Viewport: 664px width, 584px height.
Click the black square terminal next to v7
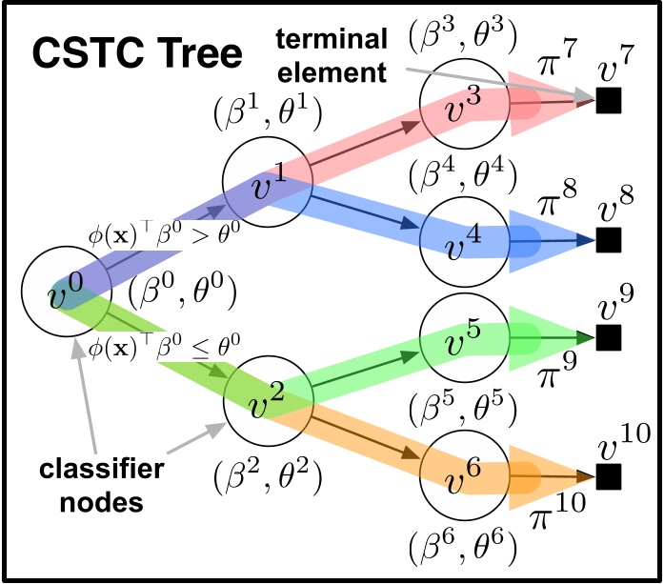click(x=608, y=100)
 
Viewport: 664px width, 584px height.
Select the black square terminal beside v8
click(x=608, y=239)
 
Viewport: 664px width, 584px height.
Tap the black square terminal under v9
click(x=608, y=337)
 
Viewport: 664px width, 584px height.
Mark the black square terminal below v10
click(x=608, y=473)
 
